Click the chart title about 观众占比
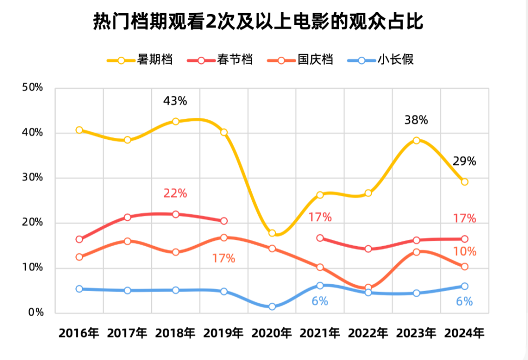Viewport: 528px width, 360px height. tap(258, 22)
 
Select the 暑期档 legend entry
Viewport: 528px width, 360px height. tap(139, 60)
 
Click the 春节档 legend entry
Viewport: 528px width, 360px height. tap(220, 60)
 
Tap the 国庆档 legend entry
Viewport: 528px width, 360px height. tap(300, 60)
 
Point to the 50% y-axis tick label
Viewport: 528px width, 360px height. tap(33, 87)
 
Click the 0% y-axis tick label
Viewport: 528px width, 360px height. tap(36, 313)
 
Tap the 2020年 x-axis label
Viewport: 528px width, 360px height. tap(272, 333)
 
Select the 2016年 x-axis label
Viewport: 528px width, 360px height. tap(79, 333)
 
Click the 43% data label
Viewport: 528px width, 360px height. tap(175, 101)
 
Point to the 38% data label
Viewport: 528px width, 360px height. tap(416, 120)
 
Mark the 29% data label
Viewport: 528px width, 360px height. tap(464, 161)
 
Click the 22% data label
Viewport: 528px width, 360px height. tap(175, 193)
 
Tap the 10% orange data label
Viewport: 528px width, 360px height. tap(464, 252)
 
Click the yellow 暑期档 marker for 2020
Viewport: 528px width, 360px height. tap(272, 233)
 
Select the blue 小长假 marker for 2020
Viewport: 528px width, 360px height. tap(272, 307)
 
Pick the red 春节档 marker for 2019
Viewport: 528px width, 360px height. tap(224, 221)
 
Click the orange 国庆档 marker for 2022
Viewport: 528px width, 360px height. tap(368, 288)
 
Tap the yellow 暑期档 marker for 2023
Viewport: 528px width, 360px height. tap(416, 140)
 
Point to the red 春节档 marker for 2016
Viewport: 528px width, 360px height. tap(79, 239)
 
